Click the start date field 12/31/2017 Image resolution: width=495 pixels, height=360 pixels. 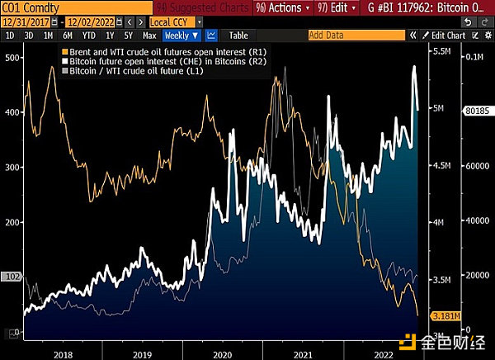coord(22,22)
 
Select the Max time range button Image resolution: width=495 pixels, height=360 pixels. coord(149,36)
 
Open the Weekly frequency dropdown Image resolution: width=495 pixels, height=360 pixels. coord(181,36)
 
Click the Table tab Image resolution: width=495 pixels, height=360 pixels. coord(238,36)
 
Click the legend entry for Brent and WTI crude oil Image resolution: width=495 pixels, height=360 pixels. coord(148,52)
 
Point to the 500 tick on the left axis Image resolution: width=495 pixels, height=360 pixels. coord(12,57)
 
